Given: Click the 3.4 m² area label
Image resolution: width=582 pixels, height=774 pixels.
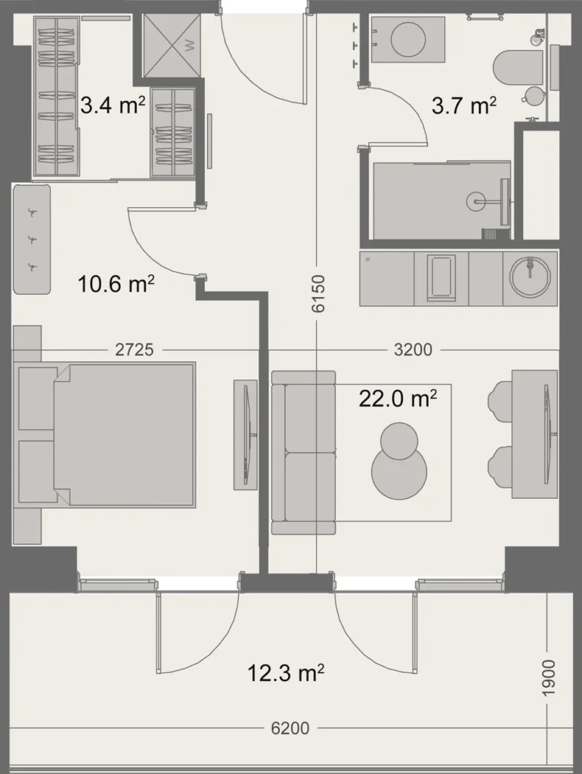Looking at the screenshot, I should click(x=113, y=104).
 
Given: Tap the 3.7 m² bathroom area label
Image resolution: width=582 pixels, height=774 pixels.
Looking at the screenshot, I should click(x=463, y=105).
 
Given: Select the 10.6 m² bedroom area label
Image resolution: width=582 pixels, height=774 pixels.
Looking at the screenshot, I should click(x=116, y=284).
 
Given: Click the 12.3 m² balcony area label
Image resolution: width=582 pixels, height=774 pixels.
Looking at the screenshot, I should click(x=286, y=671).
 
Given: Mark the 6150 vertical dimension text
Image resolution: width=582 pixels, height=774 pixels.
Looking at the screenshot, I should click(x=317, y=294).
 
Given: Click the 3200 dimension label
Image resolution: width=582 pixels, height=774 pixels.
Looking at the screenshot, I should click(x=413, y=350).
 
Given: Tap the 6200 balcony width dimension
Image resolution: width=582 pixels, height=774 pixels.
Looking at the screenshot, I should click(x=289, y=729).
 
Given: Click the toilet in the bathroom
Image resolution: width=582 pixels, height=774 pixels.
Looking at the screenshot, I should click(x=518, y=67).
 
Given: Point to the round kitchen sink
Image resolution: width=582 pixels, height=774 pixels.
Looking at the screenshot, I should click(x=531, y=278).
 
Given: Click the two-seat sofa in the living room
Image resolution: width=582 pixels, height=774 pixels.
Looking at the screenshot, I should click(x=303, y=451).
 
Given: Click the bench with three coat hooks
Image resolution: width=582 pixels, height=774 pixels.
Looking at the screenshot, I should click(x=32, y=240).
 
